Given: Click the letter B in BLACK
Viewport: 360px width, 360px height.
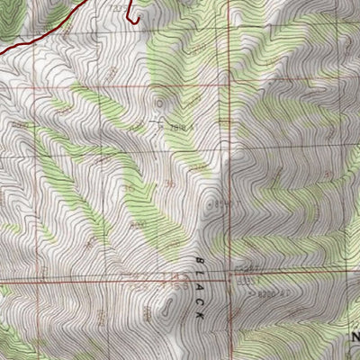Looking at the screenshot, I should [x=199, y=258].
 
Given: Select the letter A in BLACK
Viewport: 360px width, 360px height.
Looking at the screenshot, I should [x=199, y=285].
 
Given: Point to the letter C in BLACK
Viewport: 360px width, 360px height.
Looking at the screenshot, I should [x=199, y=301].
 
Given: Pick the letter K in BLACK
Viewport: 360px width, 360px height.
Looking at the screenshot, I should [x=199, y=316].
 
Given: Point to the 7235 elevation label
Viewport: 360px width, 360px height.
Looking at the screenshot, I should [x=116, y=6].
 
